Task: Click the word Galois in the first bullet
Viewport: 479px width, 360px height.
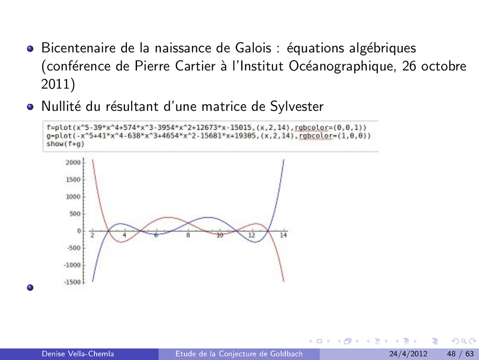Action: click(253, 48)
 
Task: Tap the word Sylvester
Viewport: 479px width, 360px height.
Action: click(297, 107)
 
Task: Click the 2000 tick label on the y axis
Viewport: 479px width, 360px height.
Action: click(73, 162)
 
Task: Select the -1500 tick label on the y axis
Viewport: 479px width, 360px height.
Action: click(72, 282)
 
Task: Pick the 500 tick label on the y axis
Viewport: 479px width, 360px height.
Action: click(75, 214)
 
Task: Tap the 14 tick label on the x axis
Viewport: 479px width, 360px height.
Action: click(283, 235)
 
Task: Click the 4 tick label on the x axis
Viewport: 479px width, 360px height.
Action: click(125, 235)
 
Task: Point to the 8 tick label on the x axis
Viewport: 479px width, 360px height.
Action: click(188, 235)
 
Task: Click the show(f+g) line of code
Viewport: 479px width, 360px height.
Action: click(65, 144)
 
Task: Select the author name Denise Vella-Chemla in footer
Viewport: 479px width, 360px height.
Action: click(78, 354)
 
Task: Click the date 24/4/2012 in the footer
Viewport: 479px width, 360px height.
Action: click(408, 354)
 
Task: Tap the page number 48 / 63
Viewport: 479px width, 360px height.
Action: click(460, 354)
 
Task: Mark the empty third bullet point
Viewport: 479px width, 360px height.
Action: click(30, 287)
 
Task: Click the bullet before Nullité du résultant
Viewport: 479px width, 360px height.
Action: click(30, 107)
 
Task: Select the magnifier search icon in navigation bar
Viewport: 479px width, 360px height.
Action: click(464, 341)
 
